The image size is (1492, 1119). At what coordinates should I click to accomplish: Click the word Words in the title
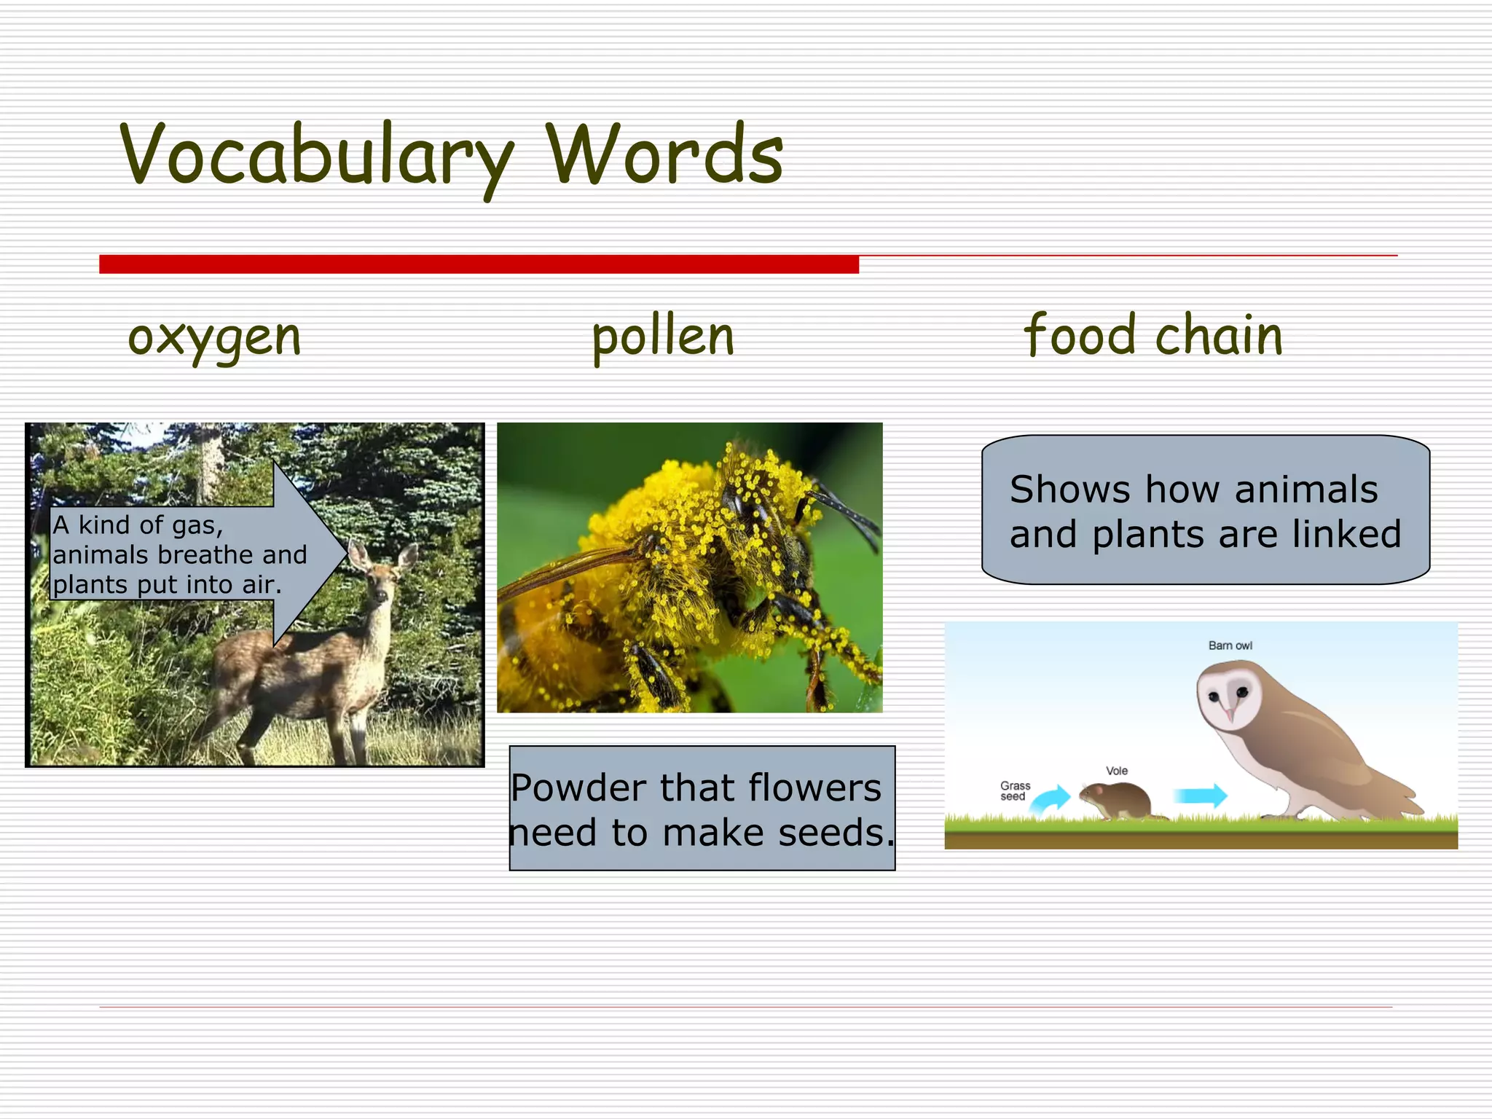click(664, 154)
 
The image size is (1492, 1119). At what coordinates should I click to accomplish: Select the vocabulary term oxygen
click(214, 338)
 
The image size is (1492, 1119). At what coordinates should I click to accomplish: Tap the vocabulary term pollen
click(663, 337)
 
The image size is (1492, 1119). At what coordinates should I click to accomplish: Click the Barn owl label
click(1230, 645)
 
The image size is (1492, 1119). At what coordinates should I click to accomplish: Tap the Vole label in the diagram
click(1116, 771)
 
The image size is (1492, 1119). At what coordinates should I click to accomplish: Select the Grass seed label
click(1015, 791)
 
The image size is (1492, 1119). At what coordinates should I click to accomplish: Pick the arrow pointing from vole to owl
click(1200, 795)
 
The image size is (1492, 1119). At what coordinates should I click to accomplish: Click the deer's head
click(378, 576)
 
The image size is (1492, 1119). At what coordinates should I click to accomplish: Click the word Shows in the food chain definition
click(1069, 490)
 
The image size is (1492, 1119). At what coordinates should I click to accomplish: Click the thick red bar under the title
click(479, 264)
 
